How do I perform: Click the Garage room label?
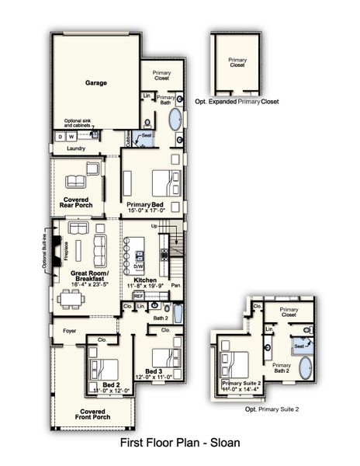point(95,82)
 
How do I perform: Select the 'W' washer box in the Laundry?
point(71,137)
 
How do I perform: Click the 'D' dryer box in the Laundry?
point(58,137)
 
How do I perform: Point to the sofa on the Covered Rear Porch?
point(75,182)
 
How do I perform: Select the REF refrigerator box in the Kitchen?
point(139,296)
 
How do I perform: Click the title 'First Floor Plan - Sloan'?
point(180,443)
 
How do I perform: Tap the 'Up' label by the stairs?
point(154,226)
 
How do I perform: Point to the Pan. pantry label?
point(177,287)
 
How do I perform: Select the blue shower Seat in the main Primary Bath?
point(144,138)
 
